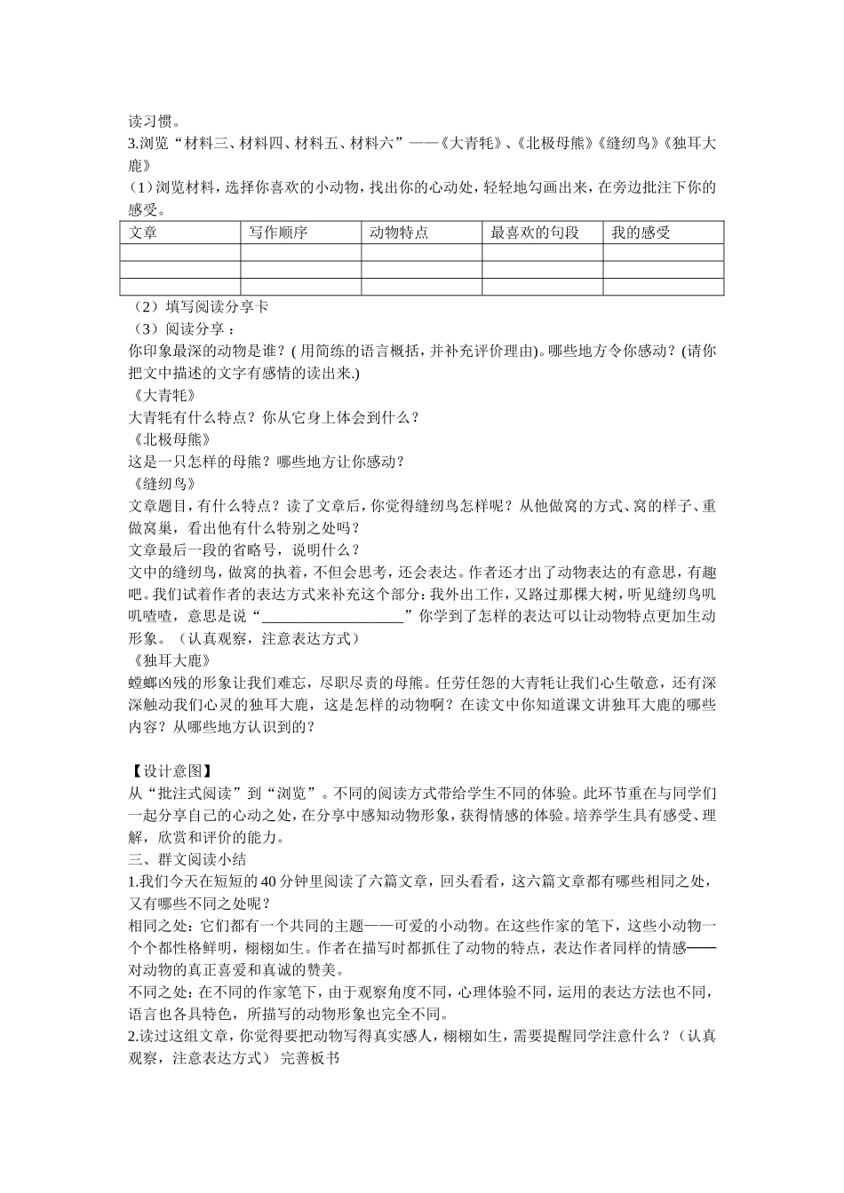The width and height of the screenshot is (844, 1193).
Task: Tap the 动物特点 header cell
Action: (399, 233)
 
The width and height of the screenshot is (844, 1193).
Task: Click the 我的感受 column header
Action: (641, 233)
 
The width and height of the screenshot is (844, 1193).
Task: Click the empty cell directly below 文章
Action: (180, 253)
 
